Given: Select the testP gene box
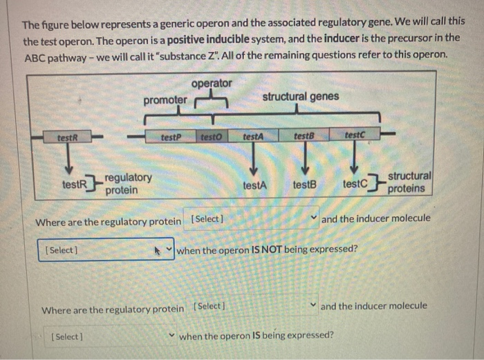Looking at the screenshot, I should (170, 137).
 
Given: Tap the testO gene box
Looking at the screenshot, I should (210, 137).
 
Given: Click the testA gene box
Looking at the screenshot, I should (252, 137).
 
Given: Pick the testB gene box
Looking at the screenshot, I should (303, 137).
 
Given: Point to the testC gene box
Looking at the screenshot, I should (353, 137).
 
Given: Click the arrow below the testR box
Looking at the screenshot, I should (69, 159).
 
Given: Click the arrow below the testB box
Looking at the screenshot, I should (304, 160).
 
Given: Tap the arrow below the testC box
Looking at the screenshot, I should (353, 160).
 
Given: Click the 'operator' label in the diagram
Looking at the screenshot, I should (212, 83).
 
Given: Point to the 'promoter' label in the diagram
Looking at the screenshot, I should (165, 100).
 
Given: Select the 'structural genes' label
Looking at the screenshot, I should (300, 96).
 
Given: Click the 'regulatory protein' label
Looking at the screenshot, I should (129, 184).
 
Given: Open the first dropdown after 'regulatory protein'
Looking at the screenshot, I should (254, 219).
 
